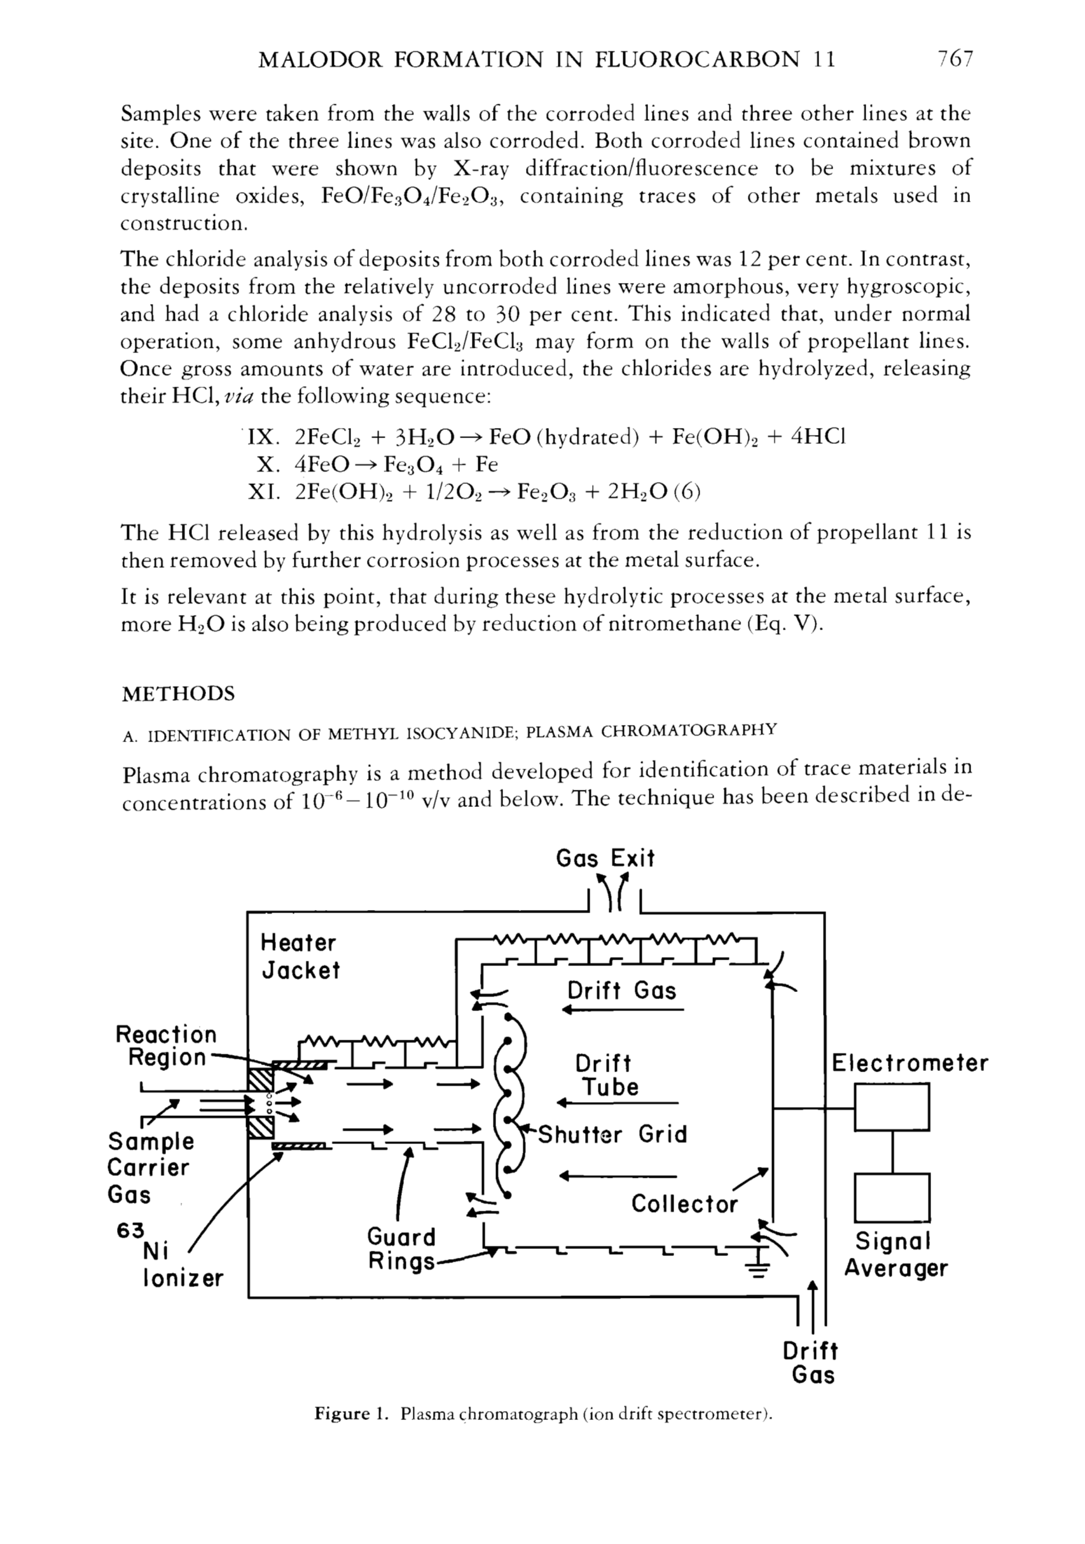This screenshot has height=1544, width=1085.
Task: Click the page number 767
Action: click(x=955, y=60)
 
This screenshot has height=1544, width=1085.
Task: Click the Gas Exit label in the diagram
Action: click(x=605, y=858)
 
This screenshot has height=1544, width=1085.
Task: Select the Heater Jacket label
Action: click(x=300, y=956)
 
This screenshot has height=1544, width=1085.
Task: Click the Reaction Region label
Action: click(x=166, y=1045)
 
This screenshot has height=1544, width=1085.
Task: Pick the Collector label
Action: click(x=684, y=1204)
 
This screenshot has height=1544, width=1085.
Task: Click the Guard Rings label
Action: click(x=401, y=1248)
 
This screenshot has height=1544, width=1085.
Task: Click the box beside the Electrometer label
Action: click(x=892, y=1107)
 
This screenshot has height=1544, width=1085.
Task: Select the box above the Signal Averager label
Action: click(x=892, y=1197)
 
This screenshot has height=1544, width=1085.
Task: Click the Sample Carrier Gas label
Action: click(x=149, y=1168)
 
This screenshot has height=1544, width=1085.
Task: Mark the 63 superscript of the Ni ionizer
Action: click(x=130, y=1230)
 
